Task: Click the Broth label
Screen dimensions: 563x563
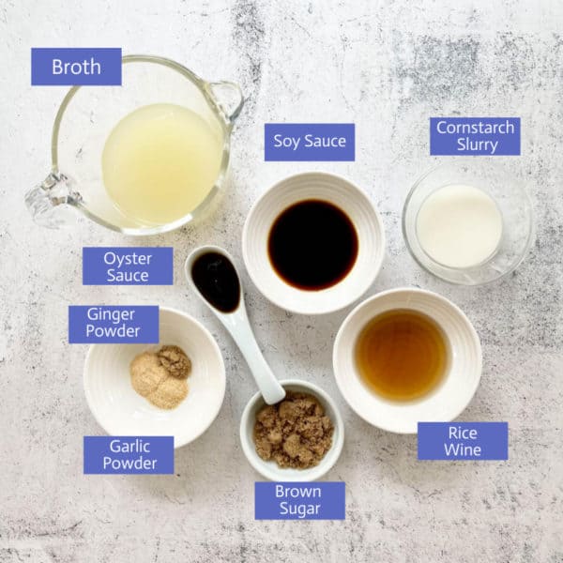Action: (x=76, y=67)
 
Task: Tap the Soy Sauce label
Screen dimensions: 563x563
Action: (x=310, y=143)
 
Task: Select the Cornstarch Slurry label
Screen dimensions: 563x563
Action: (x=475, y=136)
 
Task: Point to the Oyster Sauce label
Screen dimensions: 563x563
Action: (x=128, y=266)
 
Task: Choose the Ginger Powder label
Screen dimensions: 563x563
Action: (x=114, y=325)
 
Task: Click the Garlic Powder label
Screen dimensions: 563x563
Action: (x=129, y=455)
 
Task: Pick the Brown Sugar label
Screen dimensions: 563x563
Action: (x=300, y=500)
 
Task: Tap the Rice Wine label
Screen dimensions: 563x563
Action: (x=463, y=441)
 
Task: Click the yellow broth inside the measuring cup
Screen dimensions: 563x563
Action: (x=161, y=163)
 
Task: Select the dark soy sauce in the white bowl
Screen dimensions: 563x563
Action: (x=312, y=245)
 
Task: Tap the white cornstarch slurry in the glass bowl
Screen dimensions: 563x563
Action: (x=459, y=226)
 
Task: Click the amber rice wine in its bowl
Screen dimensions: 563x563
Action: (x=403, y=355)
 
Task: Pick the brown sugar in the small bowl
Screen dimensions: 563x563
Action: (x=294, y=431)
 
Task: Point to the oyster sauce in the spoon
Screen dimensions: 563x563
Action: (x=216, y=281)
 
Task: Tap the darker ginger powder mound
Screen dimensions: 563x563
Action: (x=175, y=361)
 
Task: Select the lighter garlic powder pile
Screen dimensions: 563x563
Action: (x=157, y=384)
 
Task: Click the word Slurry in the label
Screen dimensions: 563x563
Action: (x=477, y=145)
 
